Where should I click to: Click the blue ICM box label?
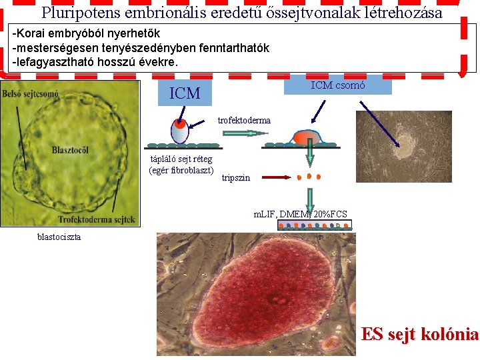[x=185, y=93]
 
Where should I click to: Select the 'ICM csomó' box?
[x=338, y=85]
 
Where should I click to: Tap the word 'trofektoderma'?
[x=244, y=121]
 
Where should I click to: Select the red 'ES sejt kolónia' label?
[x=419, y=334]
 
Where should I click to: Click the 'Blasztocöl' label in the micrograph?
[x=70, y=150]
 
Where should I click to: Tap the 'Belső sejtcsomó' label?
[x=30, y=94]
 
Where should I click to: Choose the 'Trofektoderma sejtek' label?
[x=96, y=219]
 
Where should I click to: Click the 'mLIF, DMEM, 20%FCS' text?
[x=300, y=214]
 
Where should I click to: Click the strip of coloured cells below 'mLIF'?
[x=313, y=226]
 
